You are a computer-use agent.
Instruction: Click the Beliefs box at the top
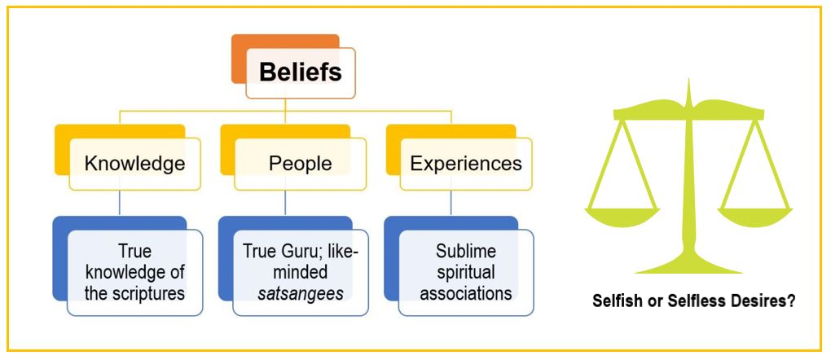click(x=300, y=72)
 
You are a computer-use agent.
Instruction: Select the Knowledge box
click(x=134, y=163)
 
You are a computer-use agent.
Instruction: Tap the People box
click(x=300, y=163)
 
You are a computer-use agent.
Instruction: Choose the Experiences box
click(x=465, y=163)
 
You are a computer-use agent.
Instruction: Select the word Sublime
click(x=465, y=250)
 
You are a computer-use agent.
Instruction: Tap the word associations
click(x=465, y=292)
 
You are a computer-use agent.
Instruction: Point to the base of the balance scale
click(x=688, y=266)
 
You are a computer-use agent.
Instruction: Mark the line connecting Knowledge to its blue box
click(x=120, y=204)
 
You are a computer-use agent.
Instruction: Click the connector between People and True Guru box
click(x=285, y=204)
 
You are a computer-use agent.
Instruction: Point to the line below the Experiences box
click(x=451, y=204)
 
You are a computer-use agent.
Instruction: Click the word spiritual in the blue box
click(x=465, y=270)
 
